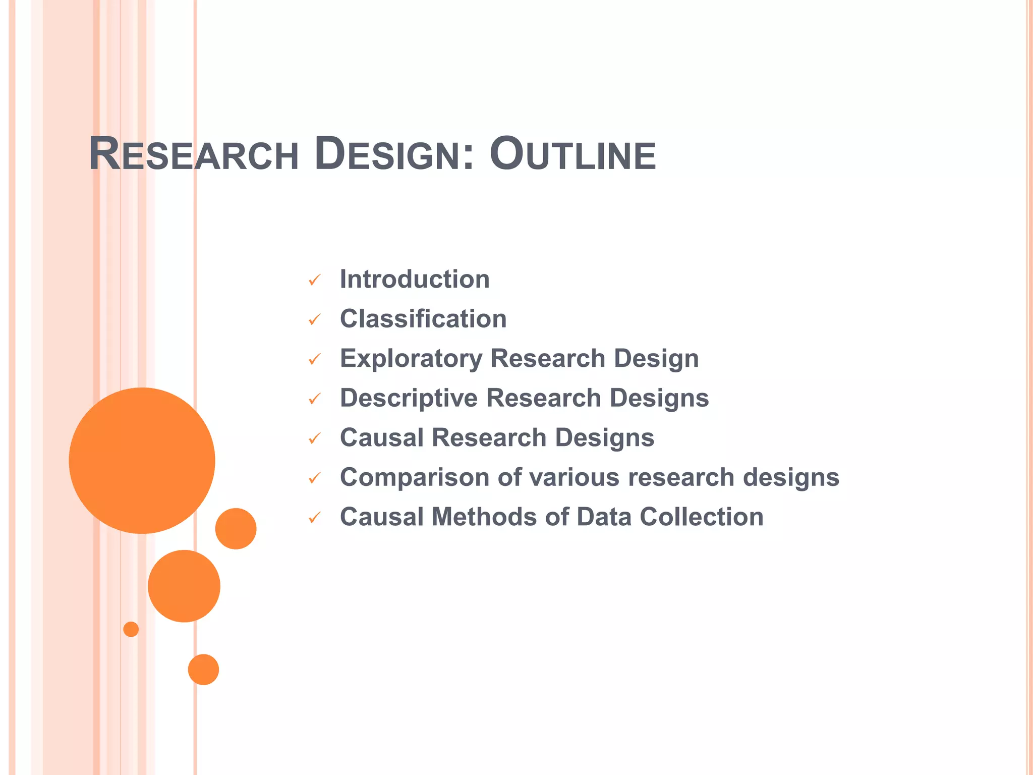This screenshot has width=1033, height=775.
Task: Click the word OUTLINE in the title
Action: (572, 154)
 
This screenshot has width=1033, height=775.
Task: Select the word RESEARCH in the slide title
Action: (194, 154)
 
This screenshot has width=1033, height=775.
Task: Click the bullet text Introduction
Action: (415, 279)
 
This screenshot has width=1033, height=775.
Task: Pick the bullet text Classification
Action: (423, 319)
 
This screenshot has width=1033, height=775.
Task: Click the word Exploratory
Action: (411, 359)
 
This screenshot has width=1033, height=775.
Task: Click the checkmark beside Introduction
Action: (314, 280)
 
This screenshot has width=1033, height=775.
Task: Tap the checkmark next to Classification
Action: (314, 320)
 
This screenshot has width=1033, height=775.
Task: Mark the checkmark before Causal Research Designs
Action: (314, 439)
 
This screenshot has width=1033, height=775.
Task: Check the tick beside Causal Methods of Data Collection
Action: (314, 518)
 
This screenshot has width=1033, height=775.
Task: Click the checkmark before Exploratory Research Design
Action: (314, 359)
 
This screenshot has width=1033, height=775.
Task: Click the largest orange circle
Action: (142, 460)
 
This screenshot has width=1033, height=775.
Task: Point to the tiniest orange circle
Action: (131, 629)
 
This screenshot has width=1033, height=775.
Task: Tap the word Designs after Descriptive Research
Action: (659, 398)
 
